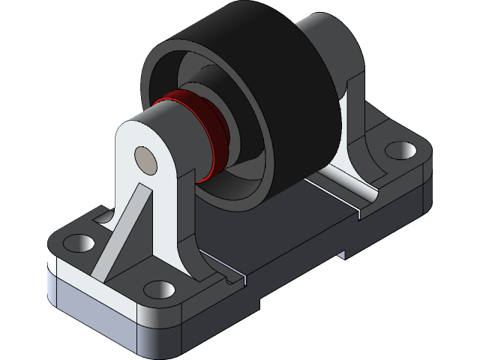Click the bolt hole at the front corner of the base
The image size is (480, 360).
pos(157,288)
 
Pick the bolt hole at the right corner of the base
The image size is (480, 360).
pos(399,150)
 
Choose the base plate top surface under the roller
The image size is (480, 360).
pos(285,225)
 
